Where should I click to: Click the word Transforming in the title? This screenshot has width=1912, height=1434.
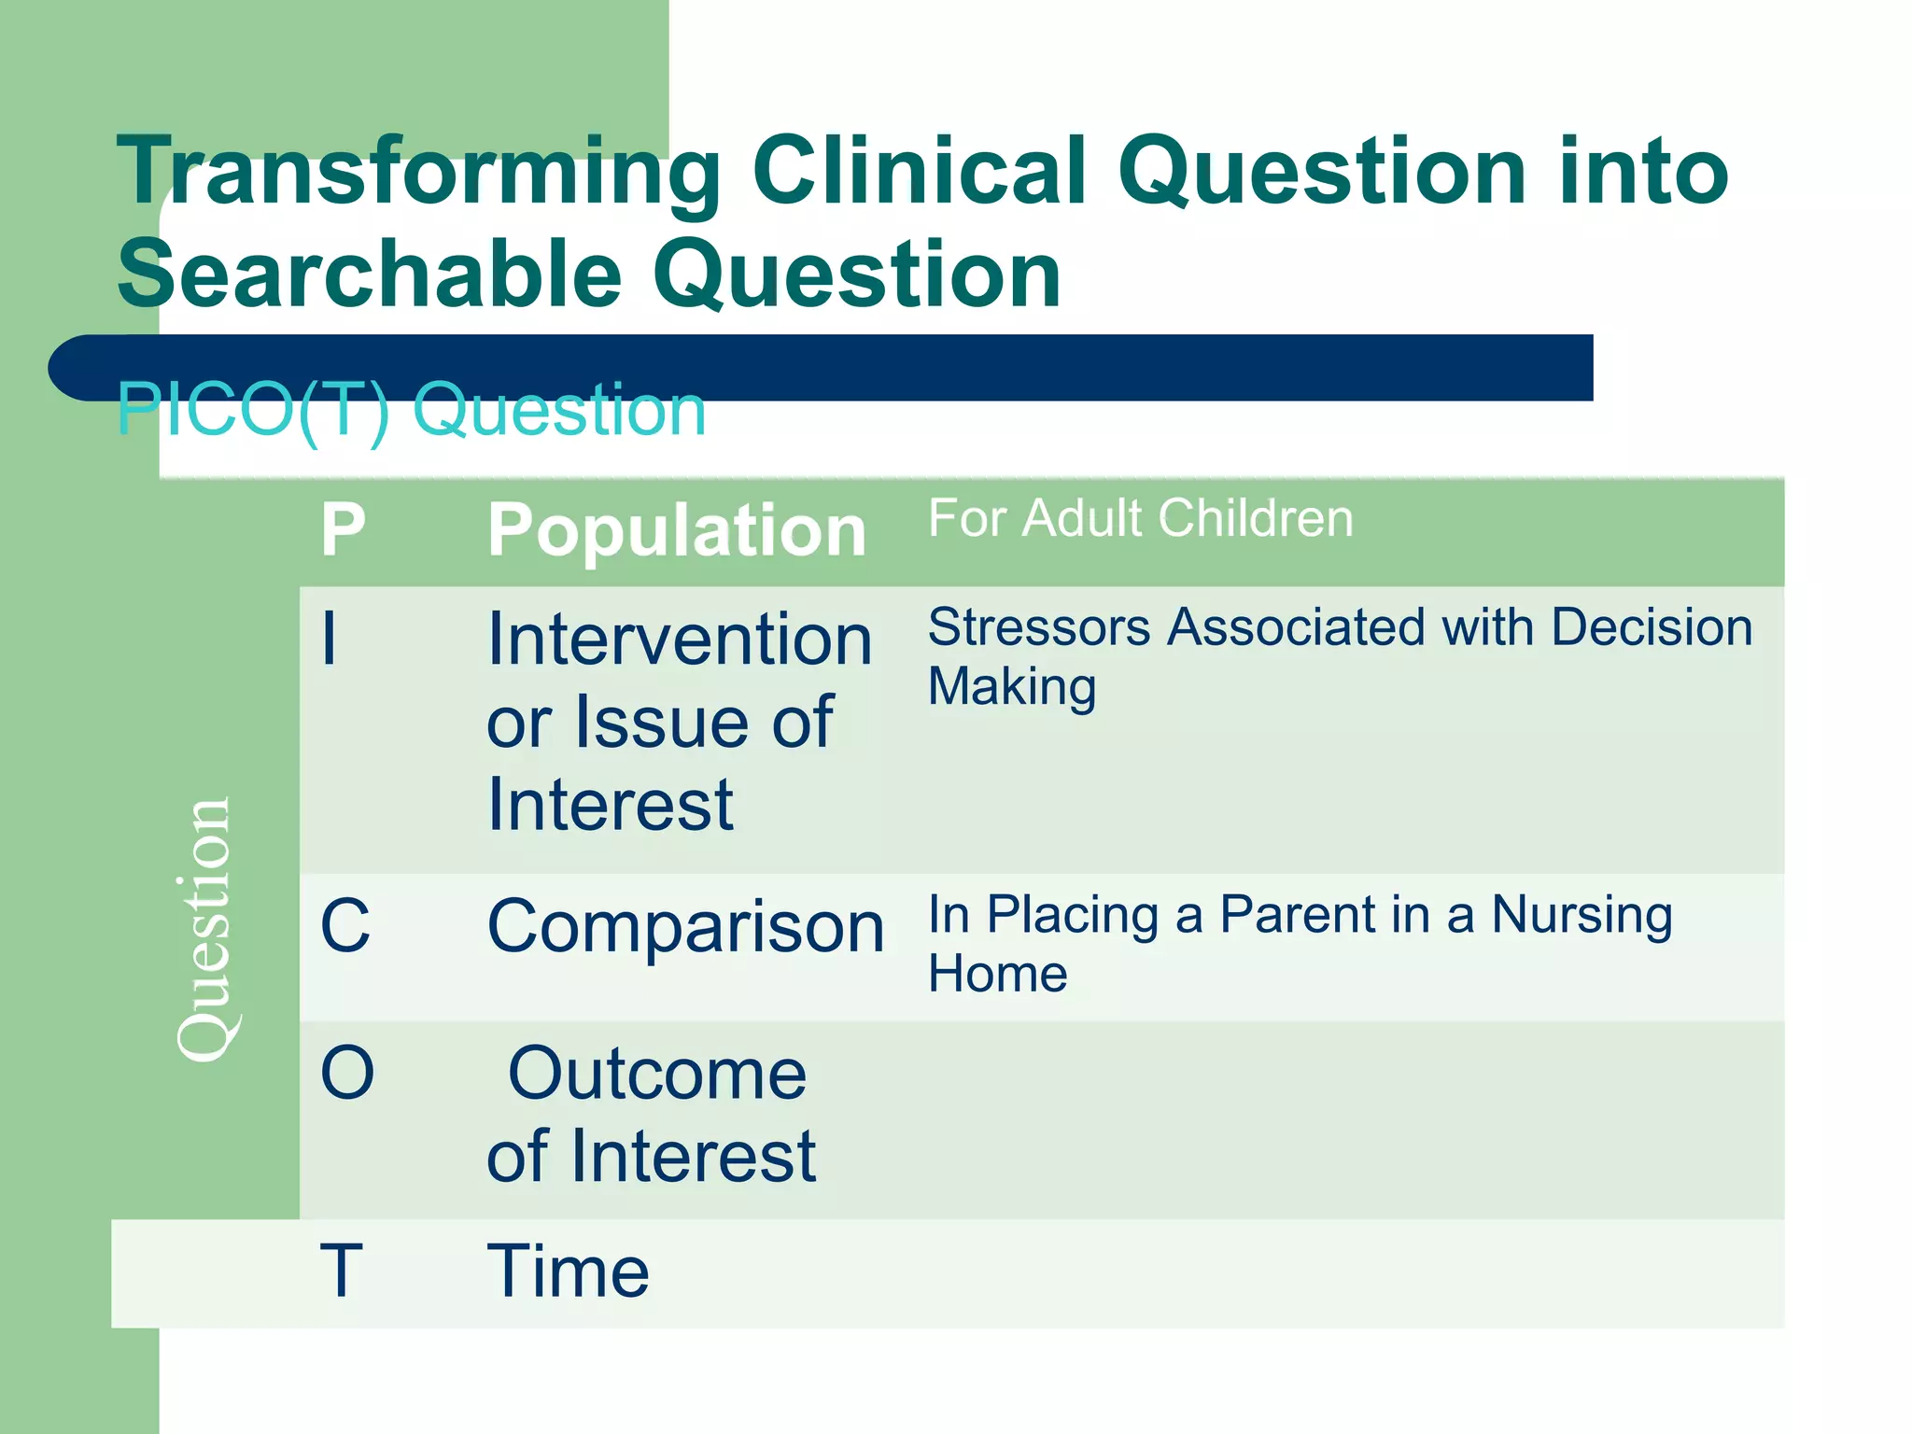click(x=418, y=173)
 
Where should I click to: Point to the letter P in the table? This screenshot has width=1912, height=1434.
click(x=343, y=530)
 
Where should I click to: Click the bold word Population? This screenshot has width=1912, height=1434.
click(x=677, y=530)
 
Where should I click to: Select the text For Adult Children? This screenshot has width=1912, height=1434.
click(x=1140, y=518)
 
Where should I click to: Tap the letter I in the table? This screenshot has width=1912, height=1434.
click(x=329, y=640)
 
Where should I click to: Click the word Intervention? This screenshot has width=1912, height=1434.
click(x=680, y=640)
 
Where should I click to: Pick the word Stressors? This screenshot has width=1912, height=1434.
click(x=1038, y=626)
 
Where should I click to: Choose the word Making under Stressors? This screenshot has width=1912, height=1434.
click(x=1011, y=687)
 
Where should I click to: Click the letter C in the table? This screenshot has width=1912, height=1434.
click(x=344, y=926)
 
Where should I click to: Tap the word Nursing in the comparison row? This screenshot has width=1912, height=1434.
click(x=1582, y=915)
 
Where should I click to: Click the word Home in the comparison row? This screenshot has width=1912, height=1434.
click(x=997, y=974)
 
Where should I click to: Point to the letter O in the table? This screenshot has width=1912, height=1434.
click(x=346, y=1073)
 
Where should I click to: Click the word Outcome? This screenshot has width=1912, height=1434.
click(x=657, y=1074)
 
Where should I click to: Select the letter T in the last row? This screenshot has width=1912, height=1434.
click(x=341, y=1271)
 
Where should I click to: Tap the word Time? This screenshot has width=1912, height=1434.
click(x=568, y=1271)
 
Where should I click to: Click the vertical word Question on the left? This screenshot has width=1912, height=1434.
click(x=204, y=929)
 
